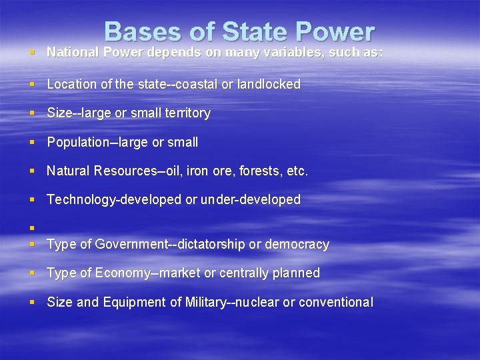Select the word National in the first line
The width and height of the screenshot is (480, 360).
click(x=71, y=52)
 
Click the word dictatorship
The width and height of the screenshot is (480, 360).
click(x=207, y=245)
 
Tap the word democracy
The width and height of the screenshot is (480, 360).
click(x=297, y=245)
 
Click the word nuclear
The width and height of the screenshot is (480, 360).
click(x=251, y=303)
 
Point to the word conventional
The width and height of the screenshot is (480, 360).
click(x=336, y=303)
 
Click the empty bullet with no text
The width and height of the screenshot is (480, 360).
click(x=32, y=228)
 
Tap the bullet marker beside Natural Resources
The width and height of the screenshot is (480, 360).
click(x=32, y=171)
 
